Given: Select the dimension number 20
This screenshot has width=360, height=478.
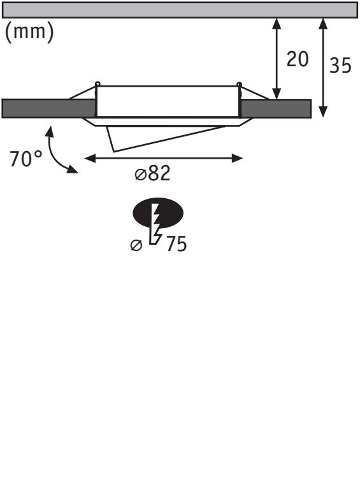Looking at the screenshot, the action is (x=297, y=59).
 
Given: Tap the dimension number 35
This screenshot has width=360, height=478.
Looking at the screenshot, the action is (x=340, y=65).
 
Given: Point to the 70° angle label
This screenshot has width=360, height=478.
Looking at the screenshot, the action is (x=26, y=159).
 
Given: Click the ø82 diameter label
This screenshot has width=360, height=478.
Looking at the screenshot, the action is (x=152, y=173).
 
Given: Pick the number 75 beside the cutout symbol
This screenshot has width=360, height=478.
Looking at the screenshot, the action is (x=176, y=244).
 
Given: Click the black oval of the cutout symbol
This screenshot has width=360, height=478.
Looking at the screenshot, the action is (x=158, y=213).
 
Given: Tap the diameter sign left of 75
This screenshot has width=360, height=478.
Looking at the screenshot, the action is (x=136, y=245).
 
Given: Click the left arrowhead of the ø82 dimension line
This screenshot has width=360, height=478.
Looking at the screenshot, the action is (x=90, y=159).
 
